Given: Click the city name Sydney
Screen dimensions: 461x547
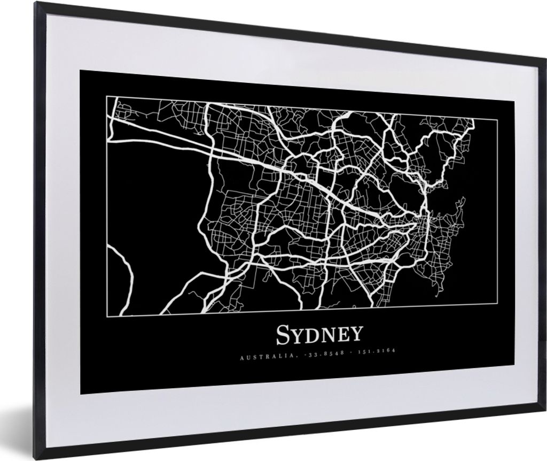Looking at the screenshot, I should click(319, 335).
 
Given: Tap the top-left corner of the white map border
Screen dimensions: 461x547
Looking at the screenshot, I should click(106, 96).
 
